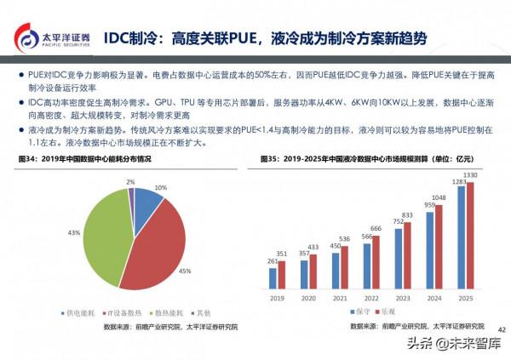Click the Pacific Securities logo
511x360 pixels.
(52, 39)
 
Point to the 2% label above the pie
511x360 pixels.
(130, 181)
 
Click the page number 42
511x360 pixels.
(501, 329)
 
